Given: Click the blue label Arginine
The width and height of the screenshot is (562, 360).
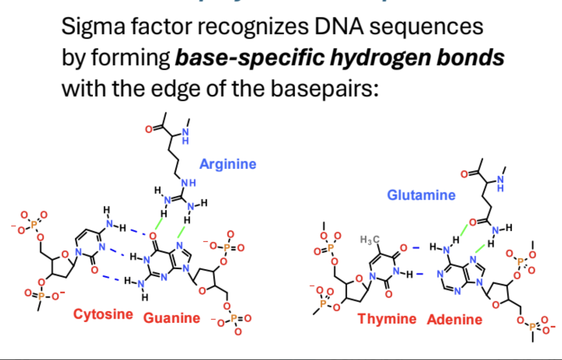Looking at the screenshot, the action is (x=228, y=164).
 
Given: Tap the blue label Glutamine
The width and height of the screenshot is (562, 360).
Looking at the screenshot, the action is (x=421, y=195).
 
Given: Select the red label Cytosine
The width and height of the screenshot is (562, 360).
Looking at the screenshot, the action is (x=103, y=314).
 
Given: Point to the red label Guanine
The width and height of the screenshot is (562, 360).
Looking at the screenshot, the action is (x=172, y=318).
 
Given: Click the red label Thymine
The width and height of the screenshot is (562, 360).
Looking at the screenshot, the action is (x=387, y=319).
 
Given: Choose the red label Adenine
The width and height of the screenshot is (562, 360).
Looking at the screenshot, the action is (x=454, y=320).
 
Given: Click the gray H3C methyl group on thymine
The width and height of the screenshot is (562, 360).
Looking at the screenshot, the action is (x=370, y=240).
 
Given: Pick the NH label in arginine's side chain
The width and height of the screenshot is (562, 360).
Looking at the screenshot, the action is (x=189, y=183).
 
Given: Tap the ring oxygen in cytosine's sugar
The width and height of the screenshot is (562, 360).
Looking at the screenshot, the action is (x=64, y=255).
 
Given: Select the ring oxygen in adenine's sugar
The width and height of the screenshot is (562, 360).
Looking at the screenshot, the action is (x=496, y=304).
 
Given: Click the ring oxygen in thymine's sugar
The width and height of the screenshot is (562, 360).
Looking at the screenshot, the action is (x=359, y=279).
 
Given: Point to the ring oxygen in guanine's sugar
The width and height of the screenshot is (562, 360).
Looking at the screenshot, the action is (x=202, y=291).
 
